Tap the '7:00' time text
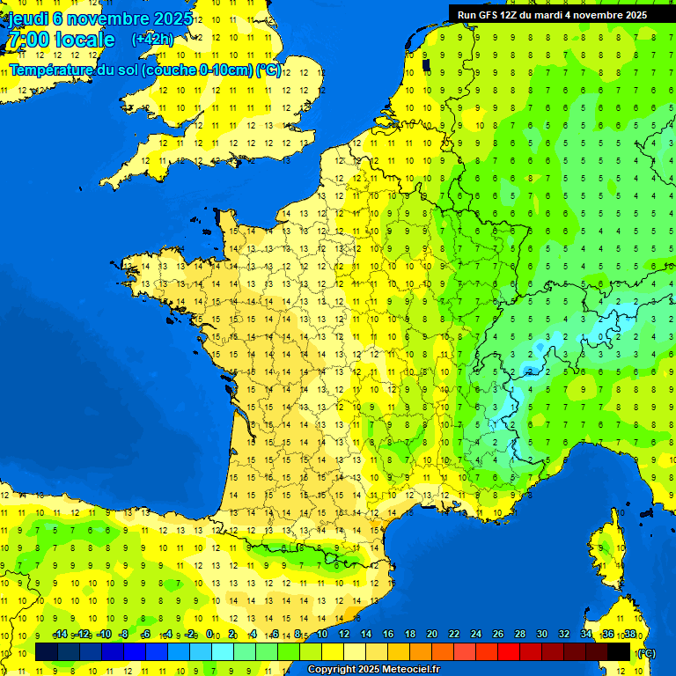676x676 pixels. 27,40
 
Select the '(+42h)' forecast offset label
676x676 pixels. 152,39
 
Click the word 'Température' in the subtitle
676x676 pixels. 52,70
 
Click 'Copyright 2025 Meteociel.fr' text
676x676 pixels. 373,669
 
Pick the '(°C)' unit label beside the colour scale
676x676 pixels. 645,652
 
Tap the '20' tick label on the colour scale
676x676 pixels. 431,634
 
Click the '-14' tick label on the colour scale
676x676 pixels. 60,634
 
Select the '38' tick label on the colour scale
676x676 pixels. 629,634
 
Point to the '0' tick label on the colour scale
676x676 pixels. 209,634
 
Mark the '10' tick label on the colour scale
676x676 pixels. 321,634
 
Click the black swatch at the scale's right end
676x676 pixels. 620,651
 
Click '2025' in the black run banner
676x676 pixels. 631,15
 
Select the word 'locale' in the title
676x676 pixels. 84,40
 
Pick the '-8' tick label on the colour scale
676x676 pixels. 124,634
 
